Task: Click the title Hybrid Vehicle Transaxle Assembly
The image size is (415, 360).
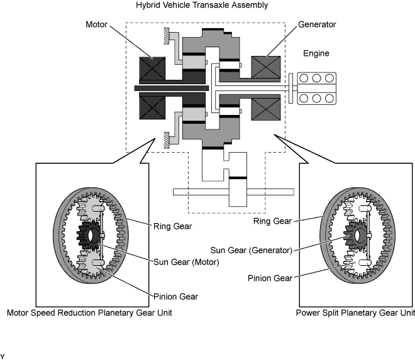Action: pos(202,5)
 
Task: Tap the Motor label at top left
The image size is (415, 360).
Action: pos(96,25)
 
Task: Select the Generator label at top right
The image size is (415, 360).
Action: pos(317,25)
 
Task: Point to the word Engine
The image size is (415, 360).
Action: pos(316,53)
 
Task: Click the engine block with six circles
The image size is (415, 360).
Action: pos(316,89)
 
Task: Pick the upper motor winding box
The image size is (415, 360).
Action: pos(152,68)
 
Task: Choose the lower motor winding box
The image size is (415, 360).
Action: pos(152,107)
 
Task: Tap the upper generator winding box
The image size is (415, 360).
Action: pos(266,67)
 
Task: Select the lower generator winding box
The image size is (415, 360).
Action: pos(266,109)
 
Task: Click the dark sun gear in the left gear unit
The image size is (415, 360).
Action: pos(88,236)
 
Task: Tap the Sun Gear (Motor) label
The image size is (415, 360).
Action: pos(186,262)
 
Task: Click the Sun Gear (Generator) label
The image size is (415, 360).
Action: pos(251,250)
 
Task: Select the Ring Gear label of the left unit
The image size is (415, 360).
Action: pos(172,226)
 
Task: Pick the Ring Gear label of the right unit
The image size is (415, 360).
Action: pos(272,221)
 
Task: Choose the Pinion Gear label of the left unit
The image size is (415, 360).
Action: pos(175,297)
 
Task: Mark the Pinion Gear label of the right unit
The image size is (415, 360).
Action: pos(270,278)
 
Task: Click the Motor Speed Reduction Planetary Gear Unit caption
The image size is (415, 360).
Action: pos(89,313)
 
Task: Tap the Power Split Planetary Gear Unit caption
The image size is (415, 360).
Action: pos(355,313)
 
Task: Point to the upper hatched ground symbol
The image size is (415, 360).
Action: pos(167,36)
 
